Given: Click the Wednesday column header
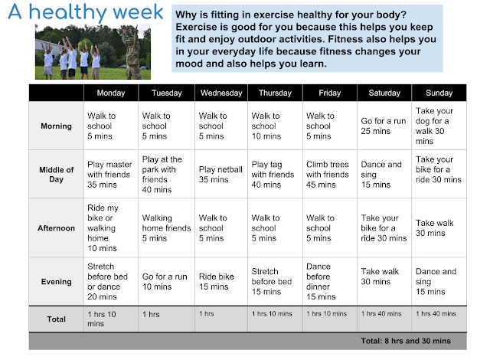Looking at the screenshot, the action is point(221,93).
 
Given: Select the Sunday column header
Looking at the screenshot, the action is point(439,93).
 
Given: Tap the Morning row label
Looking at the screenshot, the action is point(56,126).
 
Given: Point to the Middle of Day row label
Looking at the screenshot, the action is point(56,175).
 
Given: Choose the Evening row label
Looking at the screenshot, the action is point(56,282).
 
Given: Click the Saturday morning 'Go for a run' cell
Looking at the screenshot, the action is point(384,126).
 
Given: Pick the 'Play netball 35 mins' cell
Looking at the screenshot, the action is point(221,175).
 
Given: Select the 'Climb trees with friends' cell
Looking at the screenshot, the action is point(330,175).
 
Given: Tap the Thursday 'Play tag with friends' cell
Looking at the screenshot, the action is point(275,175).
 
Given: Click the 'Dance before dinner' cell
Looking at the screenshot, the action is point(330,282).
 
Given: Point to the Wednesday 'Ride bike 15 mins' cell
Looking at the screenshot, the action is point(221,282).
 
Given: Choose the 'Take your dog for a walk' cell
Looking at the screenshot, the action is point(439,126).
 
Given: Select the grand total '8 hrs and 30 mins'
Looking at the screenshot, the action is point(406,341).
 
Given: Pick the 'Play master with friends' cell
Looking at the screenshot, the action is point(111,175).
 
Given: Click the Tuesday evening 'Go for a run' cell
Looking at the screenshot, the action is point(167,282).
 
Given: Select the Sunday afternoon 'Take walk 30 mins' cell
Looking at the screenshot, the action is point(439,227).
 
